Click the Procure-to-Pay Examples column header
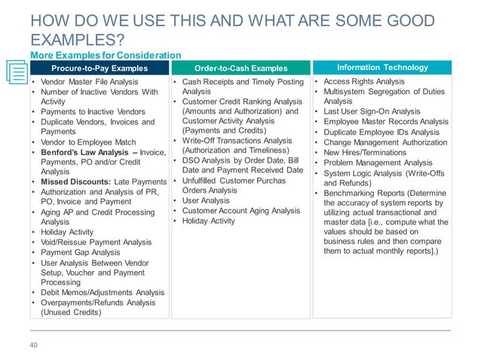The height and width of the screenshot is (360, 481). [100, 69]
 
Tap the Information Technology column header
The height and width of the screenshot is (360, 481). [382, 68]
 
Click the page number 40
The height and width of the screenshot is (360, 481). [33, 346]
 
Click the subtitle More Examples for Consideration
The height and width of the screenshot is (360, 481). [106, 55]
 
